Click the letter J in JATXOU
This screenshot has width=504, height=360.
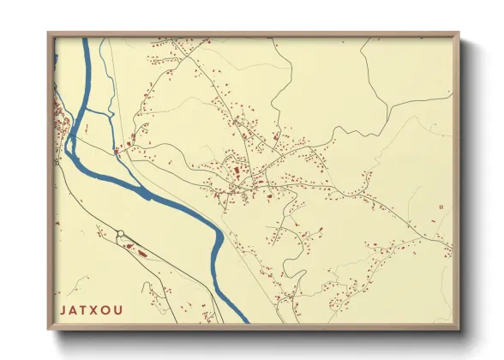click(63, 309)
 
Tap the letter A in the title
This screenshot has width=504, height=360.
click(75, 309)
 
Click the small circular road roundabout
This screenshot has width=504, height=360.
click(121, 233)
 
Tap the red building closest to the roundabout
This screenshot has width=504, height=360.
click(129, 246)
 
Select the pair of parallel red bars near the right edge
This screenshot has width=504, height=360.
click(441, 207)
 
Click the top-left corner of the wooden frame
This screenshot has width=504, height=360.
click(50, 34)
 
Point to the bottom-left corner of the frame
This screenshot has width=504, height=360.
click(50, 329)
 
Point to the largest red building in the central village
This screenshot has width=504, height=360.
click(238, 171)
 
